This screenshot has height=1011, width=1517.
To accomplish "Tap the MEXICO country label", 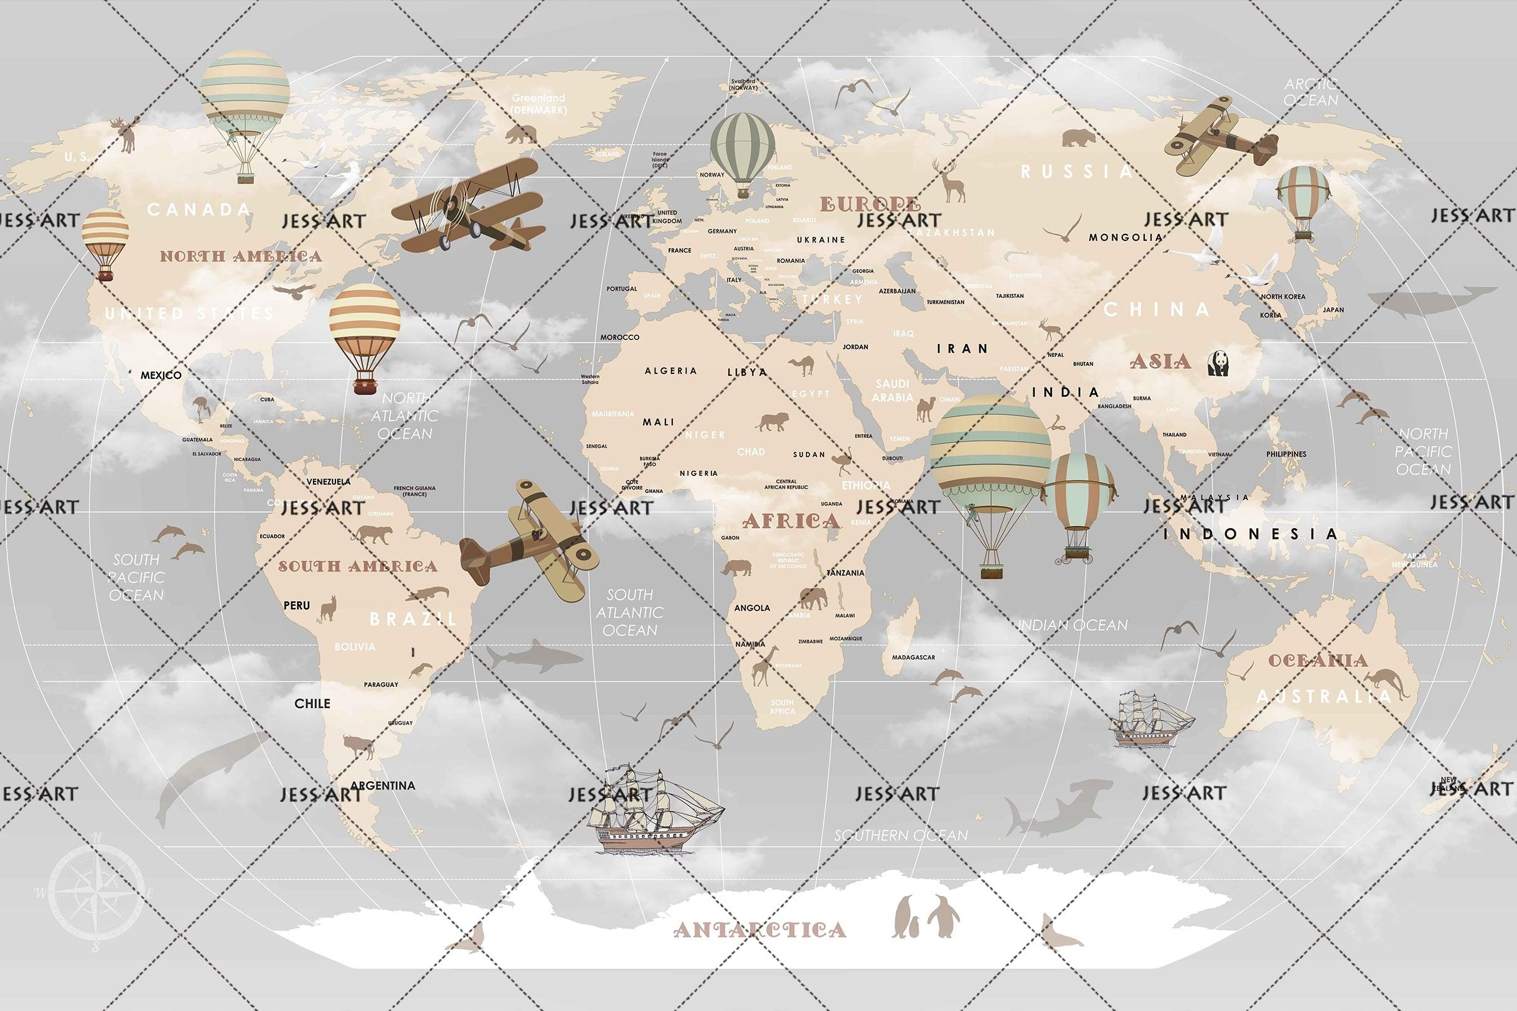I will tap(161, 375).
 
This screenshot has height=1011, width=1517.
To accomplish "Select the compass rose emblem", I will tap(95, 892).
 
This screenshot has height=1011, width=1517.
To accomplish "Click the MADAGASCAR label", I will tap(913, 658).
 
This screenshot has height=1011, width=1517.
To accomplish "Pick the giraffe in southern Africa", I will tap(764, 666).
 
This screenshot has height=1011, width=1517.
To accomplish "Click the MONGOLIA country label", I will tap(1125, 238).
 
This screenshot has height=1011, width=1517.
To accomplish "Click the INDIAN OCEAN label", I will tap(1073, 625).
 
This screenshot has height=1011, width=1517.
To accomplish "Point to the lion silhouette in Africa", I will tap(772, 422).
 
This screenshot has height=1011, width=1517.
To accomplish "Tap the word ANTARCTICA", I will tap(759, 929).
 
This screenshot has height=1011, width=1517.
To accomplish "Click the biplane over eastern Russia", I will tap(1219, 137).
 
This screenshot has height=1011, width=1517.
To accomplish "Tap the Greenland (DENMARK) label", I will tap(538, 104).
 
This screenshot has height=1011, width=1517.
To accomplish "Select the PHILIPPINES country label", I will tap(1285, 454).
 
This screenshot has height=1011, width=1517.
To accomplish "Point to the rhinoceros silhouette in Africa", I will tap(736, 568).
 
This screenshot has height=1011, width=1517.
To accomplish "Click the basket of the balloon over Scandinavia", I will tap(743, 193).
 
